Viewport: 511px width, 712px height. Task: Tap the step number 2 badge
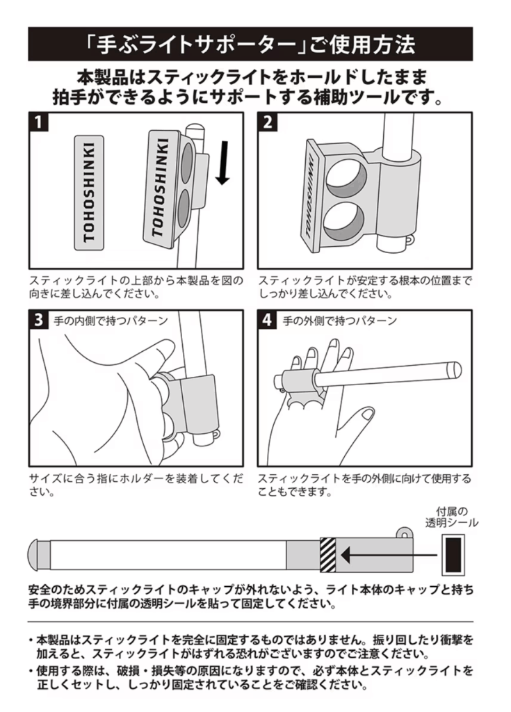pyautogui.click(x=268, y=123)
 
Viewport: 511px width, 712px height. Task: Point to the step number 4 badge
pyautogui.click(x=268, y=321)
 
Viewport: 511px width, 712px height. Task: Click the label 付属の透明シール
pyautogui.click(x=452, y=516)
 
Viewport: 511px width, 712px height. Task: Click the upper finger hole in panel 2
pyautogui.click(x=341, y=179)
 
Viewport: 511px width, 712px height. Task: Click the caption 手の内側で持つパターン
pyautogui.click(x=111, y=321)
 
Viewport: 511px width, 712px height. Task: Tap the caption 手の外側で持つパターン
pyautogui.click(x=340, y=321)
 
